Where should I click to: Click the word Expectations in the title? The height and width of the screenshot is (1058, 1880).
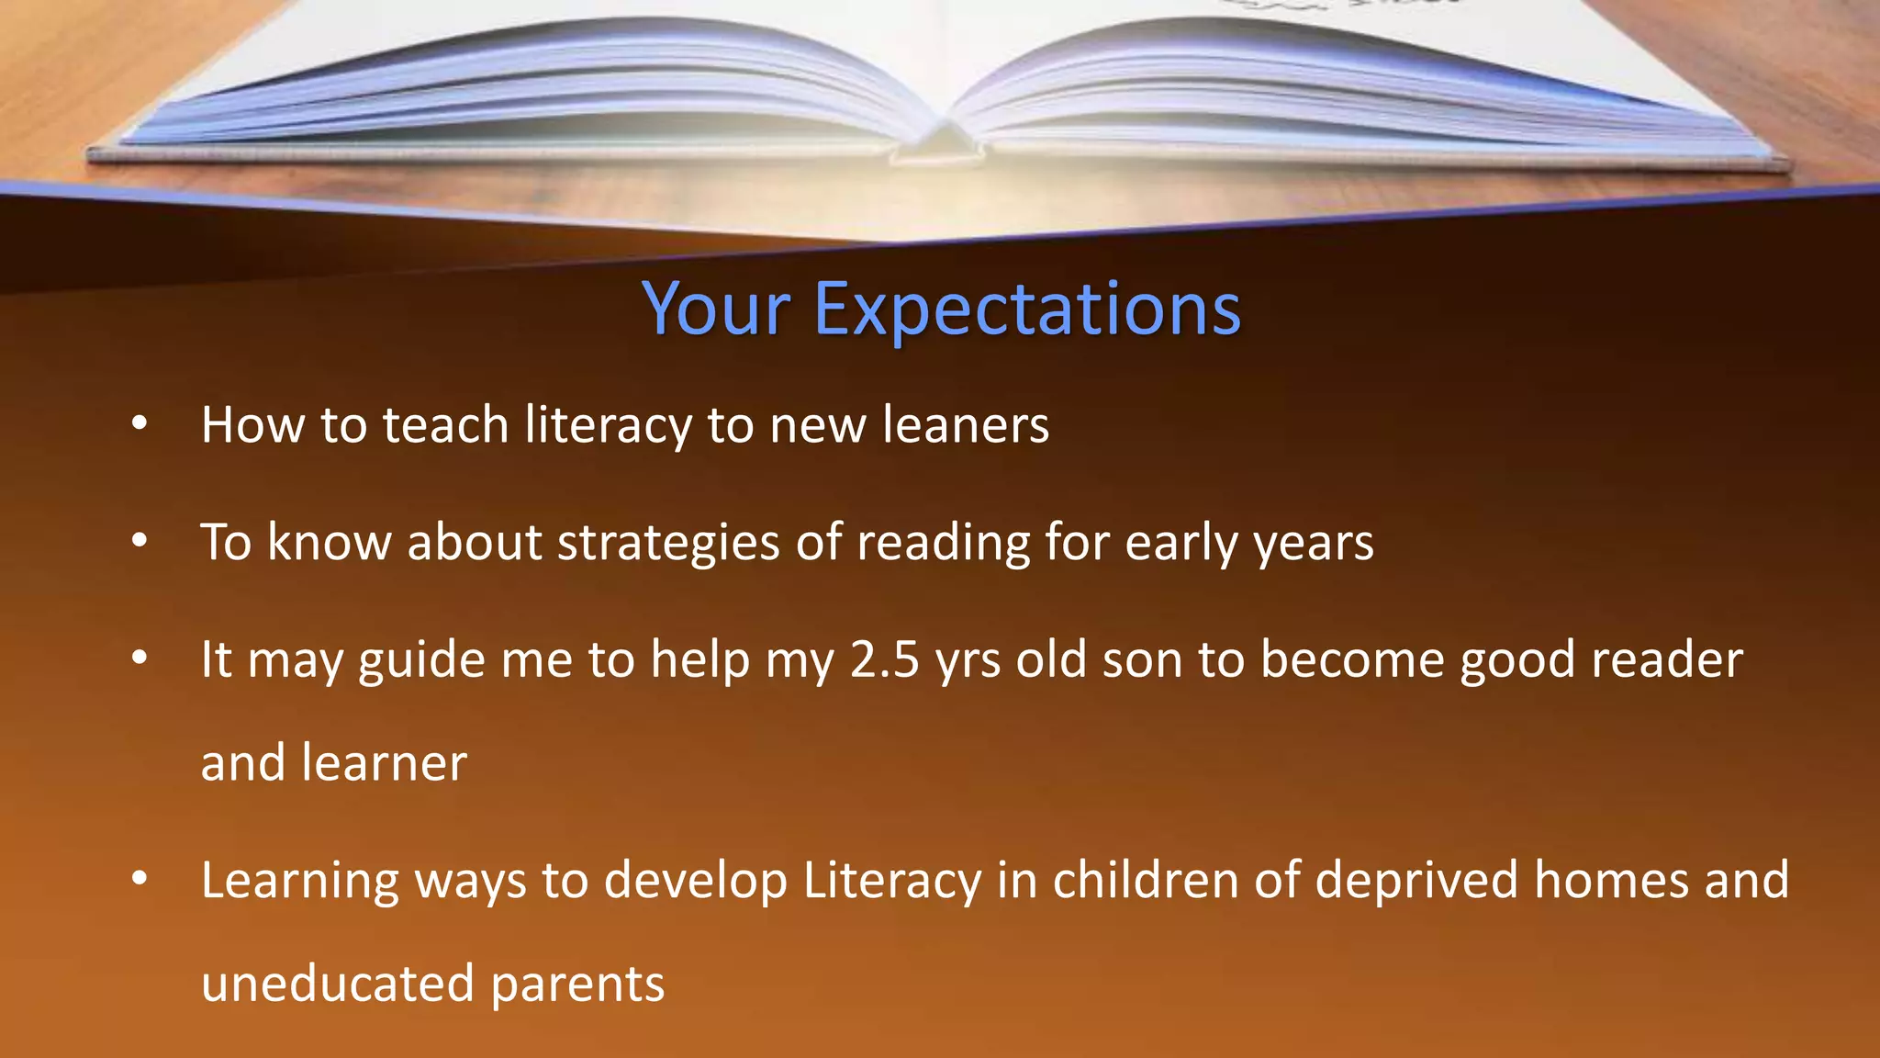point(1026,310)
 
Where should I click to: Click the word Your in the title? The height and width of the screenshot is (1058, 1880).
point(716,310)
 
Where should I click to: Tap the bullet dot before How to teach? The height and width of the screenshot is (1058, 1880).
point(139,423)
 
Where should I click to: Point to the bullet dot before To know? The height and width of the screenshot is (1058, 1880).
point(139,541)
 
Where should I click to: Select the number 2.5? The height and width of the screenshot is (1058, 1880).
point(884,659)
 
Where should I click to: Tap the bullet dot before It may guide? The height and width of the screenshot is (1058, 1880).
point(139,658)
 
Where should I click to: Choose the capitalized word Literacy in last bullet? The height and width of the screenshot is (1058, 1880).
point(891,881)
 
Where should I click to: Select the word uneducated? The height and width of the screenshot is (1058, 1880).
point(337,984)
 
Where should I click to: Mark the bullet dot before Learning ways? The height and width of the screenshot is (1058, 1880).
point(139,879)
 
